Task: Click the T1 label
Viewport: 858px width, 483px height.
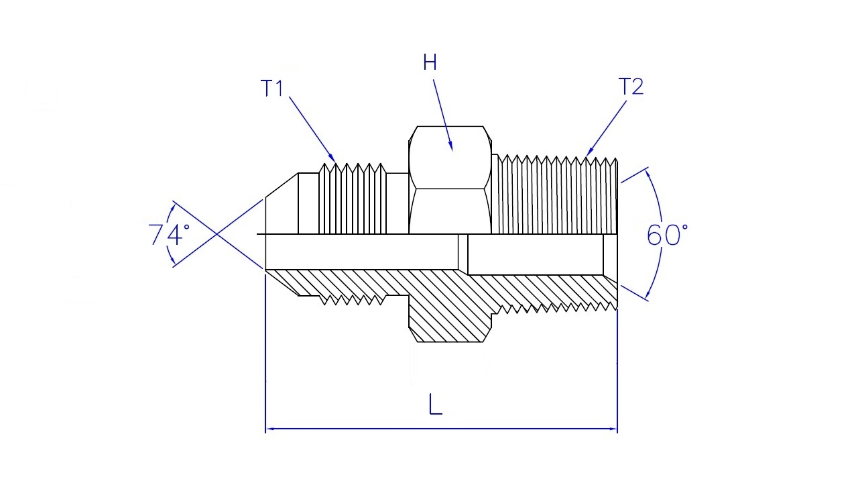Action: click(x=271, y=88)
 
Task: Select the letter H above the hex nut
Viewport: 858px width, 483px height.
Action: click(x=430, y=62)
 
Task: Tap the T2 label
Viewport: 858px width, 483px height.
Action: click(x=631, y=87)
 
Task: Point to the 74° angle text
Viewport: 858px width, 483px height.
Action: click(x=169, y=234)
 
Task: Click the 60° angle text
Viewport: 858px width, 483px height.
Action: click(x=667, y=235)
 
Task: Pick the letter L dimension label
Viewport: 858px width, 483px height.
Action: click(x=435, y=405)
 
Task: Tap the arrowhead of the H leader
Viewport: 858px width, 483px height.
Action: click(x=451, y=146)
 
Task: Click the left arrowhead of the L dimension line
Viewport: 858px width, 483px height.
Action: click(x=270, y=429)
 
